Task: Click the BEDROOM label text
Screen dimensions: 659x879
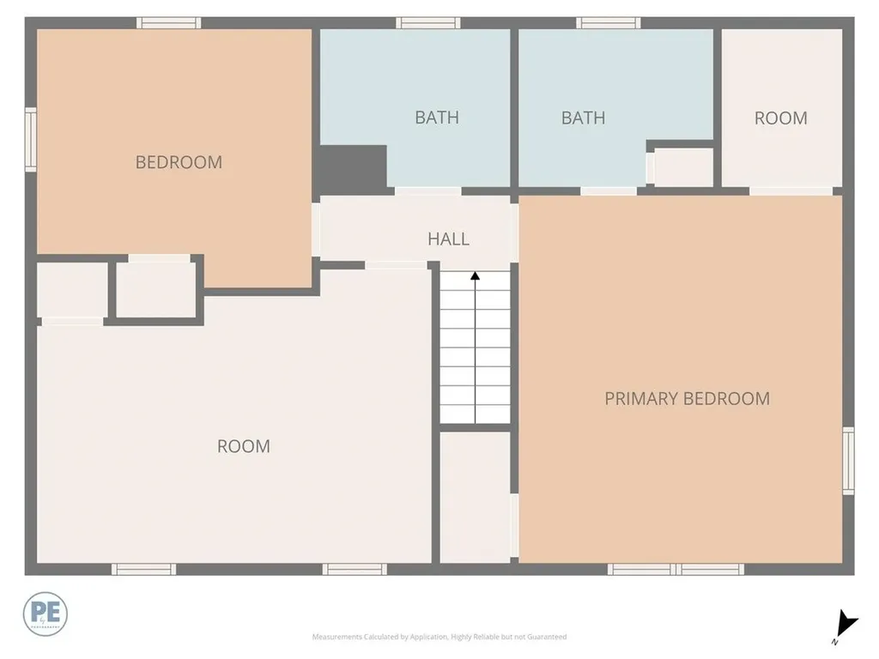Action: pos(179,162)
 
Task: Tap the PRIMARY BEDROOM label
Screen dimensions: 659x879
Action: pos(687,398)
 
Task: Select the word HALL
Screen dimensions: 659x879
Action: pos(448,239)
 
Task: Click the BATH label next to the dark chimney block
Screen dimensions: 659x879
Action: pos(437,118)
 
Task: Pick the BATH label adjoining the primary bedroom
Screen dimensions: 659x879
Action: pos(583,118)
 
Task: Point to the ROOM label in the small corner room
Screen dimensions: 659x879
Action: pos(780,118)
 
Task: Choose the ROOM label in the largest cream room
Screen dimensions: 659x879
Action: pos(244,446)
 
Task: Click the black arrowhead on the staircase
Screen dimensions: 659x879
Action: pos(475,275)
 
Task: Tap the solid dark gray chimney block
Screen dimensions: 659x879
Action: pos(353,168)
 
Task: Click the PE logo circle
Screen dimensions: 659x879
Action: pos(45,614)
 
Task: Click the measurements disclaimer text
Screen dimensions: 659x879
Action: pos(439,637)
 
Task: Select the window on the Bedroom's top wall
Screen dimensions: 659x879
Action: pos(169,23)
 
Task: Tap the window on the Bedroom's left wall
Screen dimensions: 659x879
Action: pos(31,139)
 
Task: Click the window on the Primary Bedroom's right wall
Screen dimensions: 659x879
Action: pos(848,461)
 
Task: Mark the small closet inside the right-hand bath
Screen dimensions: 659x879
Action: pos(684,166)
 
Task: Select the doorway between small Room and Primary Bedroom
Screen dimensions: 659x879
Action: pos(791,190)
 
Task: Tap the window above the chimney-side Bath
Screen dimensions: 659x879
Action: pos(427,23)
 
